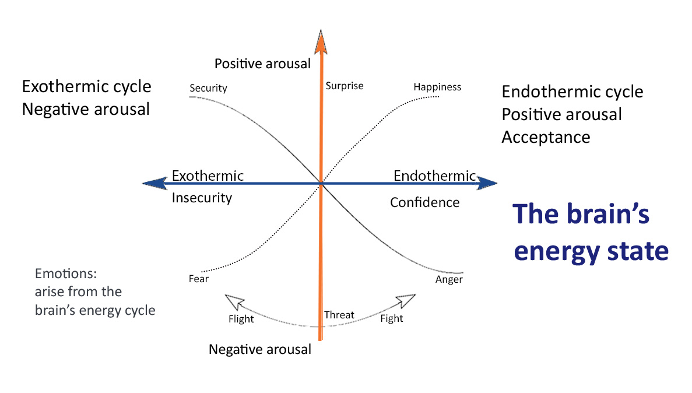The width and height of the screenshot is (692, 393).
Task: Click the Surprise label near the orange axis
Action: click(x=344, y=86)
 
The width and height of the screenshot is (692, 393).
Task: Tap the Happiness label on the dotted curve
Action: click(x=437, y=87)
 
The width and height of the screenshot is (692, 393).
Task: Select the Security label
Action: click(x=208, y=89)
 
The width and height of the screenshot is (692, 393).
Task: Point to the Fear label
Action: click(x=198, y=279)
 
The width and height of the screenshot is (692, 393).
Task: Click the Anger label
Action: click(x=449, y=279)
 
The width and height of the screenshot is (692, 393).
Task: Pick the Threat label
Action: click(x=339, y=315)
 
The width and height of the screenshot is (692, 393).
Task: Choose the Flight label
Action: click(x=241, y=319)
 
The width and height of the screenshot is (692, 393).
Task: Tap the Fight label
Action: click(x=392, y=318)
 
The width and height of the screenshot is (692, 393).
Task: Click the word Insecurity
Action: click(x=202, y=198)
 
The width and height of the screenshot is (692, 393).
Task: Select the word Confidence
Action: click(x=424, y=202)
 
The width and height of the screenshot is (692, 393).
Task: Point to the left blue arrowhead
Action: click(x=152, y=184)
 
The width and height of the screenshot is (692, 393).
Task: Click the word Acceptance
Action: click(x=546, y=137)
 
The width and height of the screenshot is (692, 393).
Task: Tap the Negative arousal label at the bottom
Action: click(x=260, y=350)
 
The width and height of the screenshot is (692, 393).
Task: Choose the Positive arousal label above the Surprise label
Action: click(x=262, y=64)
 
